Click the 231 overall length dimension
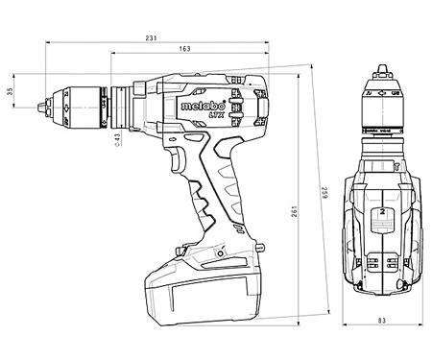(151, 37)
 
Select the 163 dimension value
(183, 49)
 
